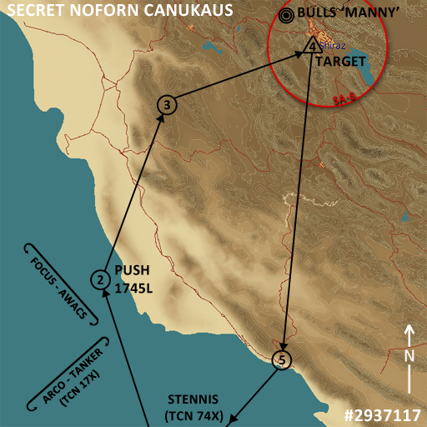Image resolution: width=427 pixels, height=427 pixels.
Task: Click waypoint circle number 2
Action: click(x=99, y=280)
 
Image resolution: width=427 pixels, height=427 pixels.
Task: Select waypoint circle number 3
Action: click(x=168, y=105)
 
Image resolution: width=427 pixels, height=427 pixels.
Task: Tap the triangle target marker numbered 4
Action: click(x=311, y=47)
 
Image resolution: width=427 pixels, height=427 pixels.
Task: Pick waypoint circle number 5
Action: click(x=283, y=359)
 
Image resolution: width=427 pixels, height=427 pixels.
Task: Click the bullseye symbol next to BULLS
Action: click(x=287, y=14)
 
